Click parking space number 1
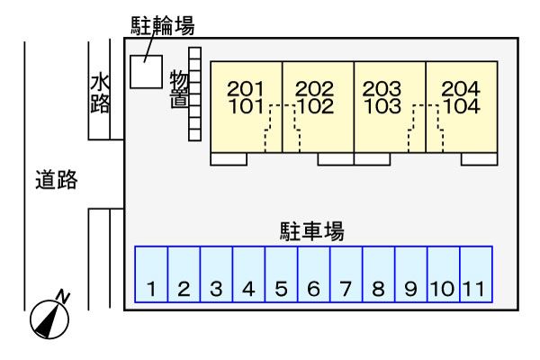[151, 274]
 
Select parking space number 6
[314, 274]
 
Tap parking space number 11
[475, 274]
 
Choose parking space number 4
[249, 274]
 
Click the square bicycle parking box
[146, 72]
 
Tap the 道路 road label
[56, 180]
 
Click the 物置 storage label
[178, 90]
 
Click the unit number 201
[246, 88]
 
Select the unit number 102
[315, 105]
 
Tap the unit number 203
[382, 88]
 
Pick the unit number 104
[461, 105]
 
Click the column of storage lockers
[194, 94]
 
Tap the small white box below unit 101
[229, 159]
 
